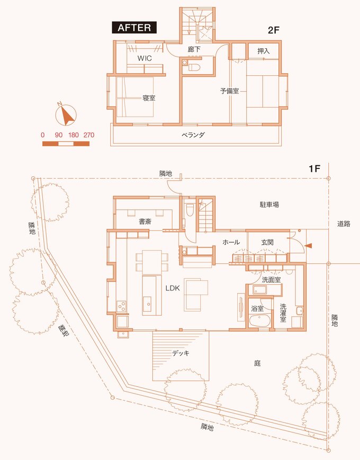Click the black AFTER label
[x=134, y=28]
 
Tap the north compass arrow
[x=67, y=116]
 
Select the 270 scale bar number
[x=89, y=135]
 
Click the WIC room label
[x=145, y=58]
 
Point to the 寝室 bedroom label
[x=149, y=98]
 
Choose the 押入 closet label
[x=263, y=51]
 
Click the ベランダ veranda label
[x=193, y=135]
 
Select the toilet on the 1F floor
[x=190, y=209]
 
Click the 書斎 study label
[x=145, y=222]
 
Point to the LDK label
[x=173, y=288]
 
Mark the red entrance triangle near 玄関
[x=309, y=246]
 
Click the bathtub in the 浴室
[x=260, y=321]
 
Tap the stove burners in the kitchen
[x=121, y=306]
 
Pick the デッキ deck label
[x=181, y=353]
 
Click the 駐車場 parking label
[x=269, y=205]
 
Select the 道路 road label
[x=344, y=224]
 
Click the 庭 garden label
[x=257, y=364]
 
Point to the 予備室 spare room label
[x=230, y=91]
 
